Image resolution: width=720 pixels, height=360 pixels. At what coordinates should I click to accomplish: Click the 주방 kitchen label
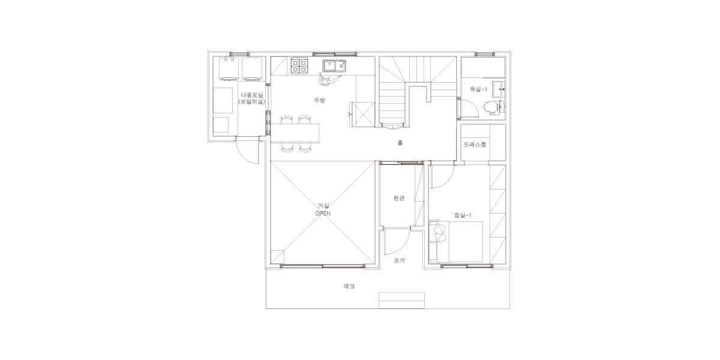tap(319, 100)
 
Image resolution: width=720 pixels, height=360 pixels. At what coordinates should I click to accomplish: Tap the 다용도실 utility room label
tap(252, 95)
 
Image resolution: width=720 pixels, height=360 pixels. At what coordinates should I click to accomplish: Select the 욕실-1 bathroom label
tap(478, 89)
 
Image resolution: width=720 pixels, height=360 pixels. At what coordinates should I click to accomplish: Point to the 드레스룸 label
tap(475, 145)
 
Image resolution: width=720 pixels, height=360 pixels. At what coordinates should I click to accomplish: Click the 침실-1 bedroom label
tap(463, 215)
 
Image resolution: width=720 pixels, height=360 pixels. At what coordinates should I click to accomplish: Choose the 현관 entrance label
tap(399, 199)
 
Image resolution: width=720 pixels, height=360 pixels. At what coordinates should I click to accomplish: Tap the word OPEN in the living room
tap(323, 214)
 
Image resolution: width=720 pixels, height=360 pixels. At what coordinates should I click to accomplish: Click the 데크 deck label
tap(349, 286)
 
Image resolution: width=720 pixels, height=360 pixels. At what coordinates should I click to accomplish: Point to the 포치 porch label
tap(399, 260)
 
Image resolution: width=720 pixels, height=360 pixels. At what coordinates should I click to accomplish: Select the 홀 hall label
tap(400, 142)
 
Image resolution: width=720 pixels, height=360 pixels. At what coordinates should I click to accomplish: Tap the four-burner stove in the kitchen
tap(299, 65)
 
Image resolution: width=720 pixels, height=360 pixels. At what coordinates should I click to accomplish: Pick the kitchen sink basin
tap(334, 66)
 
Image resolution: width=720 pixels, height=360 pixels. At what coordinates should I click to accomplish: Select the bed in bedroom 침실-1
tap(456, 241)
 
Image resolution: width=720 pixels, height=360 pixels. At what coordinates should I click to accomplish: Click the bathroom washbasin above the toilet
tap(499, 89)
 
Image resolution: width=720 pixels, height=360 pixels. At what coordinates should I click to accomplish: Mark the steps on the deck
tap(401, 301)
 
